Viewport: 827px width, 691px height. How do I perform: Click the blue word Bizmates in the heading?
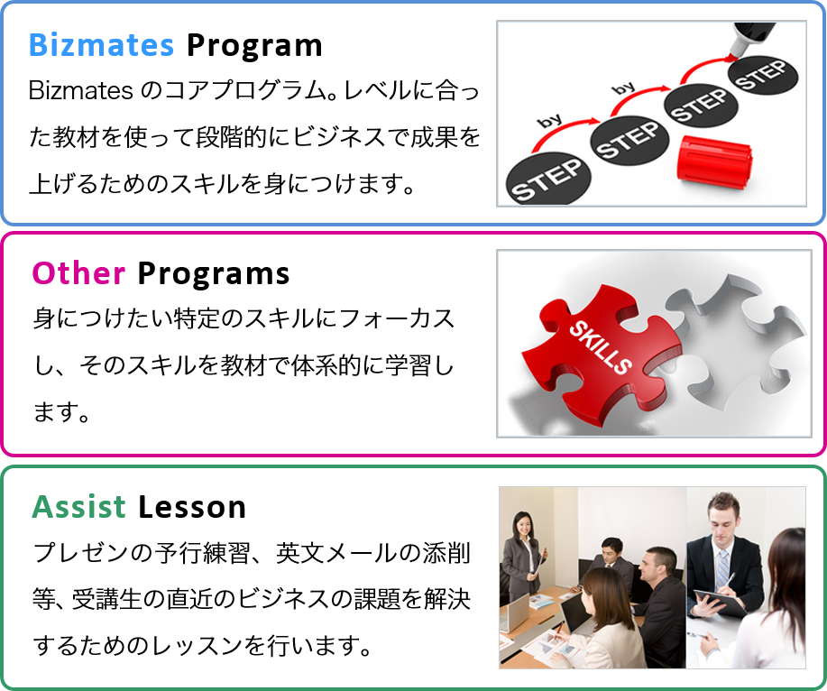pos(103,44)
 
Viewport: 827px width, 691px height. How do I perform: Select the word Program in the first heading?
pos(254,44)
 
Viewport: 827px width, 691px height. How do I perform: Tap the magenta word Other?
pos(78,273)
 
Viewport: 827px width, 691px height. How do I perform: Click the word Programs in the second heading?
pos(214,273)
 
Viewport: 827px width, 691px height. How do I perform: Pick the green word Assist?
pos(79,507)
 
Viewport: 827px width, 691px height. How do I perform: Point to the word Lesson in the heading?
pos(192,507)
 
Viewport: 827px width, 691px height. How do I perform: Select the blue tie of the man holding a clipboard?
pos(721,567)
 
